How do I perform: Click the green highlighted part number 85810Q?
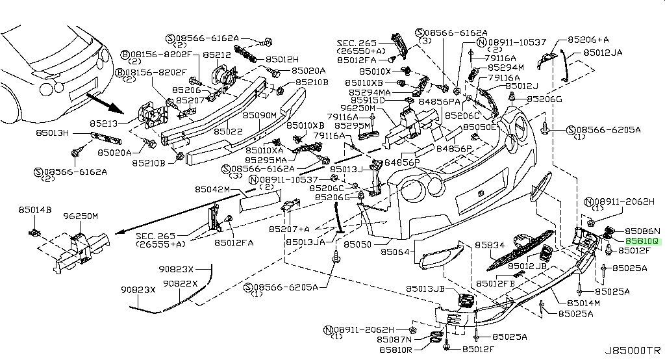click(x=642, y=240)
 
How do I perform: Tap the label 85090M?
click(x=260, y=115)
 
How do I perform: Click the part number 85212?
click(x=216, y=55)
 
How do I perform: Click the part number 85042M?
click(x=213, y=190)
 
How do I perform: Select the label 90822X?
click(x=181, y=283)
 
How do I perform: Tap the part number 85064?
click(x=395, y=250)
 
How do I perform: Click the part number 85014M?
click(x=583, y=303)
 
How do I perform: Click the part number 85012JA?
click(x=603, y=52)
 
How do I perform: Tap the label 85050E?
click(x=479, y=127)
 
